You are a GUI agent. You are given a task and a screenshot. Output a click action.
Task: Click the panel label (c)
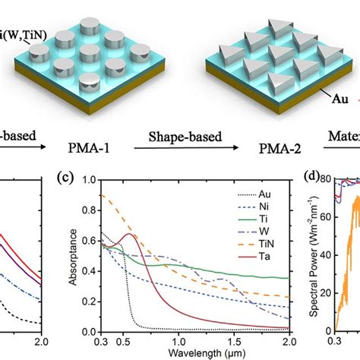68,199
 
